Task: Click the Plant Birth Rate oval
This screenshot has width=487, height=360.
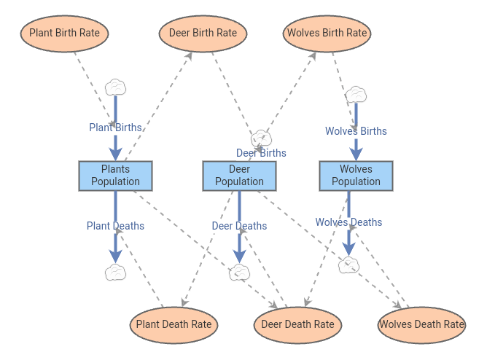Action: click(65, 33)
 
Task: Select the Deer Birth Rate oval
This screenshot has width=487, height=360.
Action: click(203, 33)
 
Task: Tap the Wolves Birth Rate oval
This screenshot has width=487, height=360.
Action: click(327, 33)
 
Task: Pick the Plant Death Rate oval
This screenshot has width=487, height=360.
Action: click(174, 325)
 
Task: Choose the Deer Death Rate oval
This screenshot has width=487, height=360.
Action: click(297, 325)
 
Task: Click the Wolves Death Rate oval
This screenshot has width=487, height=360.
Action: click(421, 325)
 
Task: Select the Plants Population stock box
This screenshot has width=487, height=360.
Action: click(115, 176)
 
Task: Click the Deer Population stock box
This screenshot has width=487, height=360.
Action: click(239, 176)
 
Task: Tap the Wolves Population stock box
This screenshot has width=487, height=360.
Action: click(356, 176)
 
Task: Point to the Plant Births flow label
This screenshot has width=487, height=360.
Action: click(115, 128)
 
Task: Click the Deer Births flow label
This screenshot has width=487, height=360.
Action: click(261, 153)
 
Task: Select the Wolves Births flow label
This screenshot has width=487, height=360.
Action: click(356, 131)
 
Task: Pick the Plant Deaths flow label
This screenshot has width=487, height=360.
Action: click(115, 226)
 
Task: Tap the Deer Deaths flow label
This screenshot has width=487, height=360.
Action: click(239, 226)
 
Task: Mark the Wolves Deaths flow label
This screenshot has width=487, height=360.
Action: click(348, 222)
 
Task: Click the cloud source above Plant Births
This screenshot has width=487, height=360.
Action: click(115, 87)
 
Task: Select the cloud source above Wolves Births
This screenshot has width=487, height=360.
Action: click(356, 94)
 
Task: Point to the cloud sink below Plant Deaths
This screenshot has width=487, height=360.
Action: click(115, 273)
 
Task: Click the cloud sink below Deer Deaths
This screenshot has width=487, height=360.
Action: click(239, 273)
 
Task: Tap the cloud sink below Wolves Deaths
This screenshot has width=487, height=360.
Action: click(348, 265)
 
